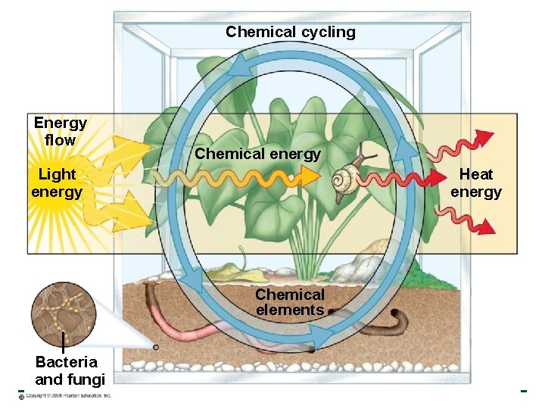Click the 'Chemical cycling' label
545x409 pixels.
pyautogui.click(x=290, y=32)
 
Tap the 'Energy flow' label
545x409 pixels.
pyautogui.click(x=60, y=131)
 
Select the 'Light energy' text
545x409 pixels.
pyautogui.click(x=57, y=183)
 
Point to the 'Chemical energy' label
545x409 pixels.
pyautogui.click(x=257, y=154)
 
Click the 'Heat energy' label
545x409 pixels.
pyautogui.click(x=475, y=183)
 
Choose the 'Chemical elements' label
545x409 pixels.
pyautogui.click(x=290, y=302)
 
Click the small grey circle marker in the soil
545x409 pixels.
pyautogui.click(x=155, y=348)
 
